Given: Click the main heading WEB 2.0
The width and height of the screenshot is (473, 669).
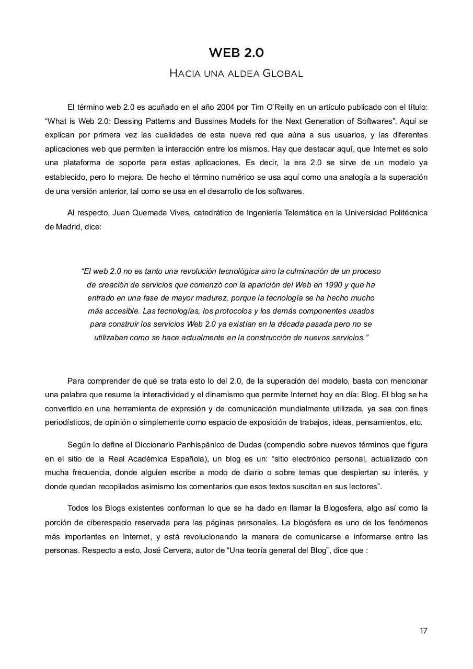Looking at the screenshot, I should click(x=236, y=53).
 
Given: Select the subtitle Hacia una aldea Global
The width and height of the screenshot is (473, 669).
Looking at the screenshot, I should click(x=236, y=73).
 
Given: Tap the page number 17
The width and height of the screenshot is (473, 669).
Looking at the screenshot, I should click(x=423, y=631).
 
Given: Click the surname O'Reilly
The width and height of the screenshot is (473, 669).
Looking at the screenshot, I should click(x=282, y=107).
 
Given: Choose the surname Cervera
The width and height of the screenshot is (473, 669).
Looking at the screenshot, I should click(x=176, y=550).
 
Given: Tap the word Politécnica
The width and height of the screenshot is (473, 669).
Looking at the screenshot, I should click(x=407, y=213).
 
